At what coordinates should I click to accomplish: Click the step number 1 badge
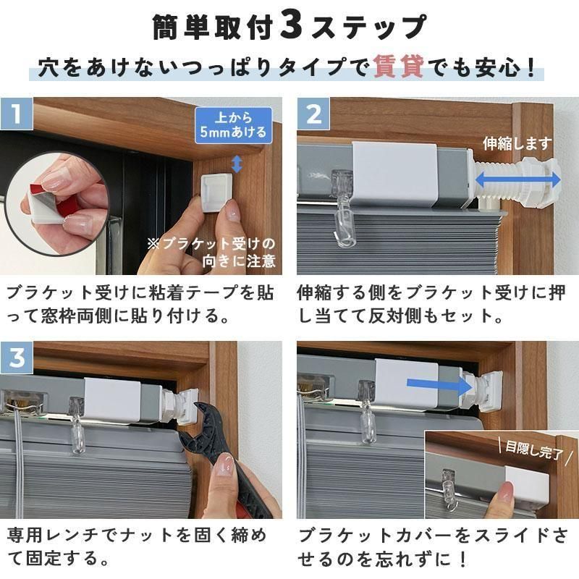pyautogui.click(x=17, y=114)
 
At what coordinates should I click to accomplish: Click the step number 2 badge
pyautogui.click(x=313, y=114)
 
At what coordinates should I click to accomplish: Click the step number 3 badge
pyautogui.click(x=17, y=358)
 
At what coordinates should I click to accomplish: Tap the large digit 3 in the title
pyautogui.click(x=292, y=26)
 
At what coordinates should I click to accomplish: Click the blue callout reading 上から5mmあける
pyautogui.click(x=233, y=125)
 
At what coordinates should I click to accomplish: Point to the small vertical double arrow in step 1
pyautogui.click(x=237, y=164)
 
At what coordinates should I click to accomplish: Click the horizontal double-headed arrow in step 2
pyautogui.click(x=517, y=180)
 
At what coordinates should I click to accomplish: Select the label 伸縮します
pyautogui.click(x=517, y=143)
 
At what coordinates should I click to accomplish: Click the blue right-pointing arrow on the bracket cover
pyautogui.click(x=439, y=384)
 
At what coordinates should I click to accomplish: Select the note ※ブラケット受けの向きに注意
pyautogui.click(x=211, y=253)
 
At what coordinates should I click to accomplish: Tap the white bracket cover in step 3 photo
pyautogui.click(x=112, y=400)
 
